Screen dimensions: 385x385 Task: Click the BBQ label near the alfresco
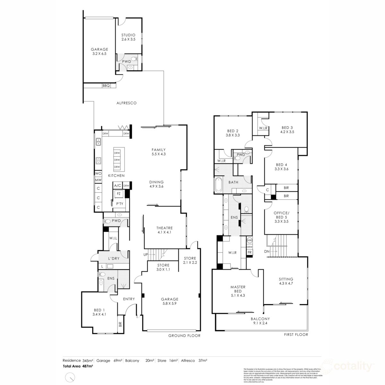106,86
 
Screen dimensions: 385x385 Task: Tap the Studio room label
128,35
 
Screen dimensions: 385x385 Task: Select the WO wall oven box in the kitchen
98,174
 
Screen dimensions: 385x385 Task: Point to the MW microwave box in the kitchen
98,180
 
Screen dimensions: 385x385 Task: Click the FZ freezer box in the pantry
118,194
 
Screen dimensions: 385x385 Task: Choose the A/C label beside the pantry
117,186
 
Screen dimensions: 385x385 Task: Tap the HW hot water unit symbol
250,240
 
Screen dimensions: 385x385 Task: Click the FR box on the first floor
250,253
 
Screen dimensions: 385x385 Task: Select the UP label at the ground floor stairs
145,254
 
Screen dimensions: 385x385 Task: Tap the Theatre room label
165,228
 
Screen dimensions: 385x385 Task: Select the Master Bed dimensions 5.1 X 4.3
238,295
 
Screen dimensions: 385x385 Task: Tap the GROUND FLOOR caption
184,336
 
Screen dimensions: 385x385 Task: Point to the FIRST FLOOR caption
296,335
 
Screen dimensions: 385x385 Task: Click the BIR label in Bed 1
120,324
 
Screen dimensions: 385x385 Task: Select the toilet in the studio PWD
136,60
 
